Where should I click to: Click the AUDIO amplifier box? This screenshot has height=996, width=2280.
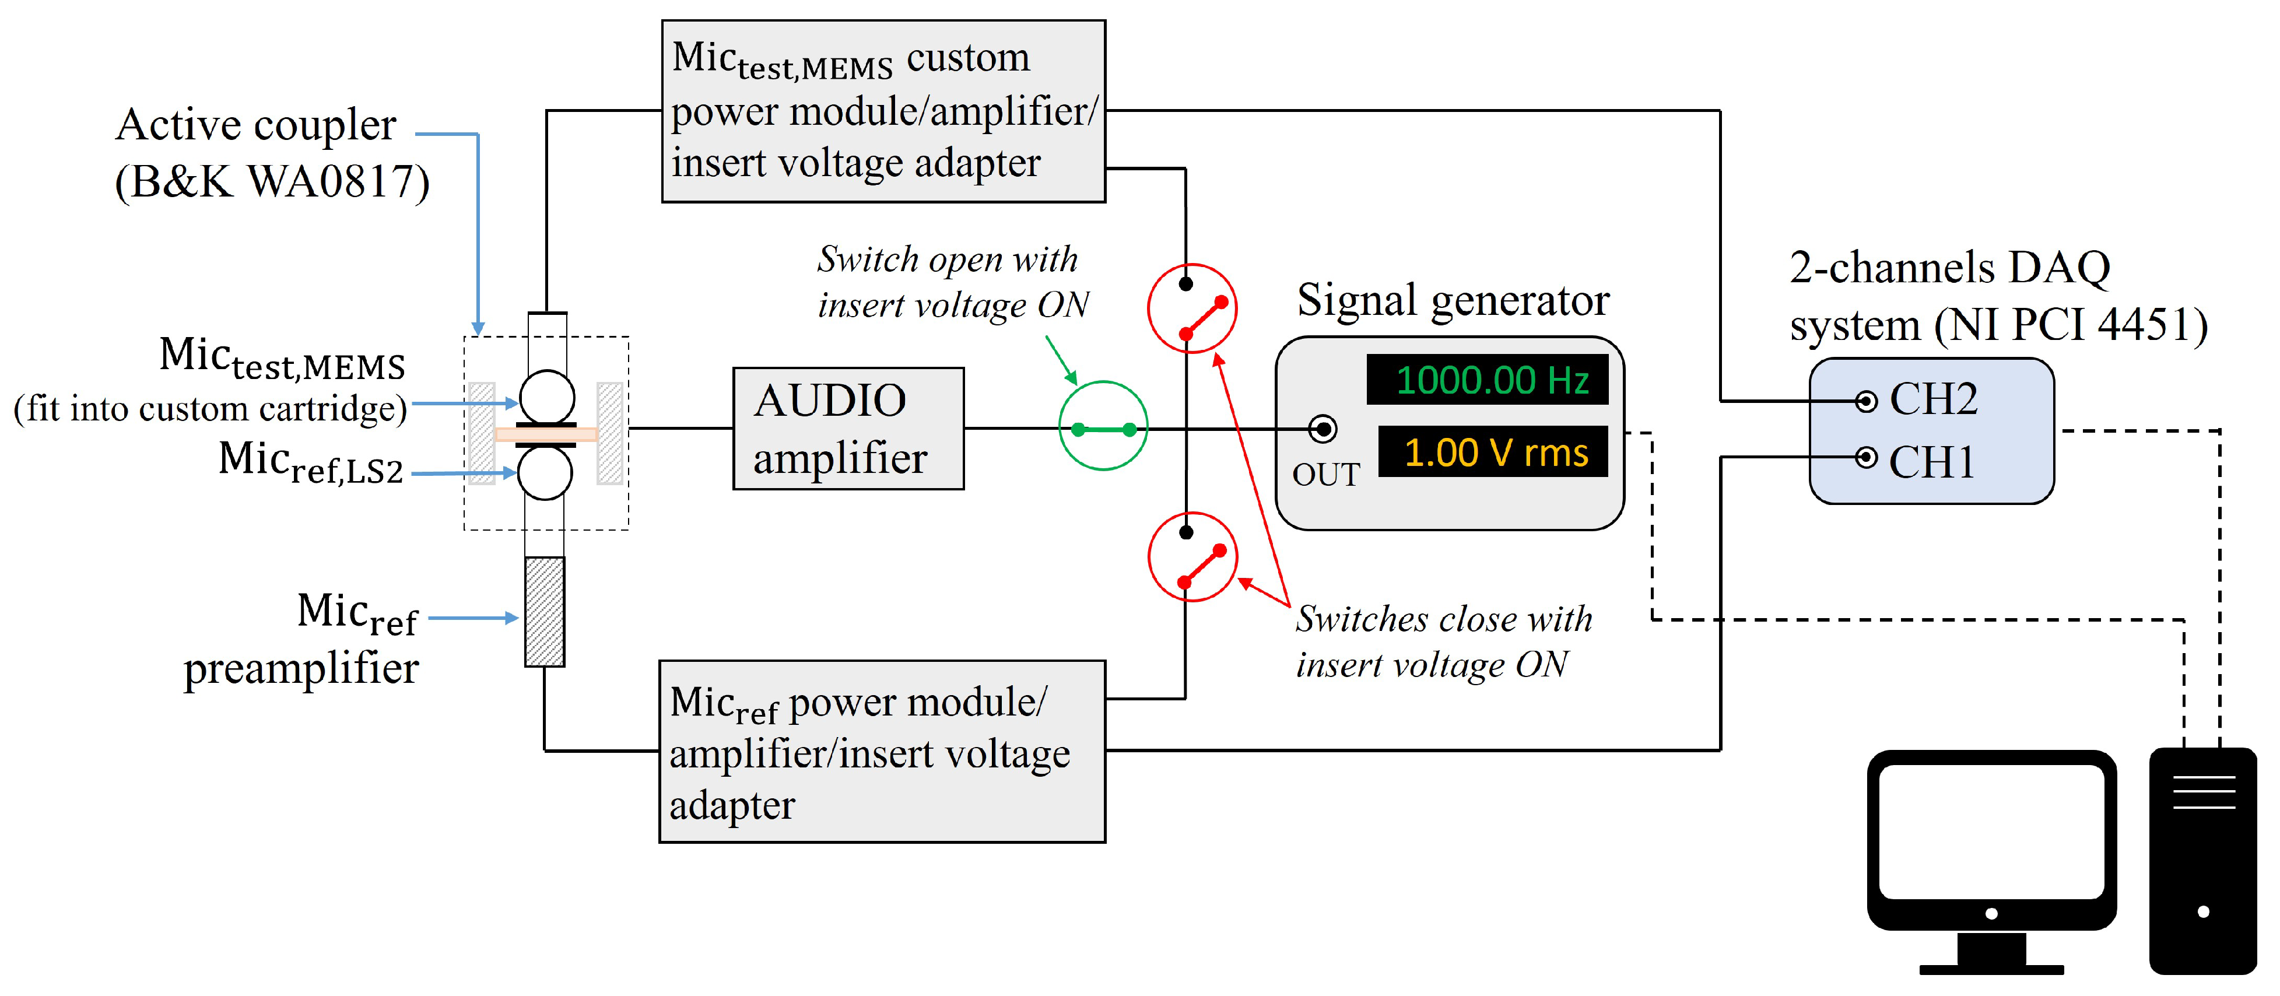click(848, 429)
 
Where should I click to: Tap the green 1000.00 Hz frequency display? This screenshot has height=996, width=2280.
click(1487, 380)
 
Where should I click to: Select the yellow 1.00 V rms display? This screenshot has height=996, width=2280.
click(1492, 453)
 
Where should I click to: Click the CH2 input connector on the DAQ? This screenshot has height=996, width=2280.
click(1866, 402)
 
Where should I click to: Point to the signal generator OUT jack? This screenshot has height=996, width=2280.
click(1323, 429)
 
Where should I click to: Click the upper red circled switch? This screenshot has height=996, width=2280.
click(1192, 308)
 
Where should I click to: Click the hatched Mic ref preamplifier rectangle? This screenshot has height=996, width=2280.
click(544, 612)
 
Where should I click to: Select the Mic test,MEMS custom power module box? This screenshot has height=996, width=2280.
click(883, 111)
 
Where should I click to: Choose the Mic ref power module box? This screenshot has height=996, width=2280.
click(882, 750)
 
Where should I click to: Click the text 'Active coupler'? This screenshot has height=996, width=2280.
click(256, 125)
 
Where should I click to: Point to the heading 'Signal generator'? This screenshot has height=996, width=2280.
click(1453, 300)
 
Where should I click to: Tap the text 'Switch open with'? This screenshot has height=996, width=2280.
click(947, 259)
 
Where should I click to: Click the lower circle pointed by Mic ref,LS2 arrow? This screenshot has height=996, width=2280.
click(544, 473)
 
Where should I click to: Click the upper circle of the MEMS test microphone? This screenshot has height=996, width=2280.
click(546, 397)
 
